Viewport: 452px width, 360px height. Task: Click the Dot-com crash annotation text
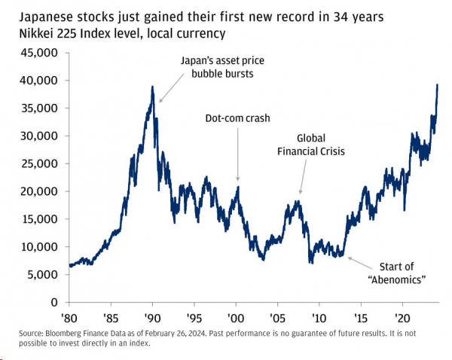(237, 118)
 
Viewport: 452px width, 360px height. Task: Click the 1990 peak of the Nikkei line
(152, 87)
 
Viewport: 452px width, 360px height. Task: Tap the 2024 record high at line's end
(438, 84)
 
